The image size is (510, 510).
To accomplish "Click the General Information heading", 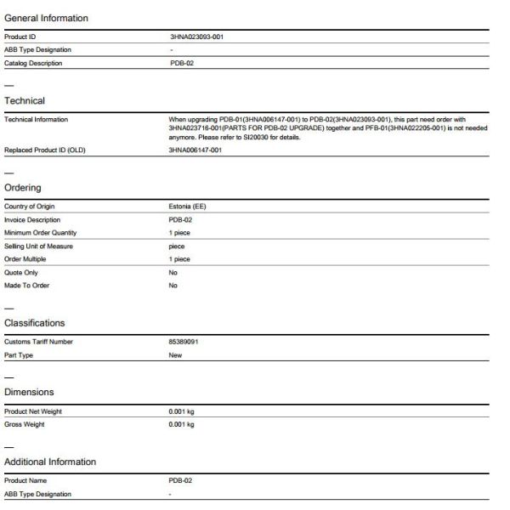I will click(x=46, y=18).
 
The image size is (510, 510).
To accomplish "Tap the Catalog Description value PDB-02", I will click(x=182, y=63).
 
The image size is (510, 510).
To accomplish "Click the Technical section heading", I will click(x=25, y=100).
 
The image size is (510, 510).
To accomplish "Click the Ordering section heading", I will click(x=23, y=188).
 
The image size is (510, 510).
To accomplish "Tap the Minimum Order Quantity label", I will click(x=40, y=233).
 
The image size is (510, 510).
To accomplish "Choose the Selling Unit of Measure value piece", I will click(x=178, y=246).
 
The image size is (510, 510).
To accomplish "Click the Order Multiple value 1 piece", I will click(x=180, y=259).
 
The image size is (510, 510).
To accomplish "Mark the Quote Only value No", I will click(x=173, y=272).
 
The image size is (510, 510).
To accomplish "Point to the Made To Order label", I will click(x=27, y=286).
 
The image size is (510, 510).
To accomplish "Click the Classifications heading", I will click(x=35, y=323).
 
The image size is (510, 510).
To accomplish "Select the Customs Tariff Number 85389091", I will click(x=186, y=342).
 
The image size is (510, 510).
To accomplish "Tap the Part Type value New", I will click(x=176, y=355).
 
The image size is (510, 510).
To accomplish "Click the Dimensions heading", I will click(x=29, y=392).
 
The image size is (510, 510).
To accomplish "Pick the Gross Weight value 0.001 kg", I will click(x=182, y=424).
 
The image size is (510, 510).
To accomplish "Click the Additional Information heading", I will click(x=50, y=462).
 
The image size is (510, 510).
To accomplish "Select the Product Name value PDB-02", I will click(x=182, y=480).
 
